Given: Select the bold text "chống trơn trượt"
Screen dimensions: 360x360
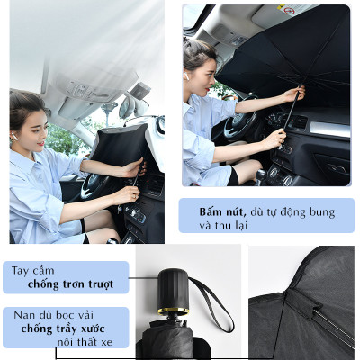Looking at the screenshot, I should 70,284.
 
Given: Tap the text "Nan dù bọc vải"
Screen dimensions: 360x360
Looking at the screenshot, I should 50,315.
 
